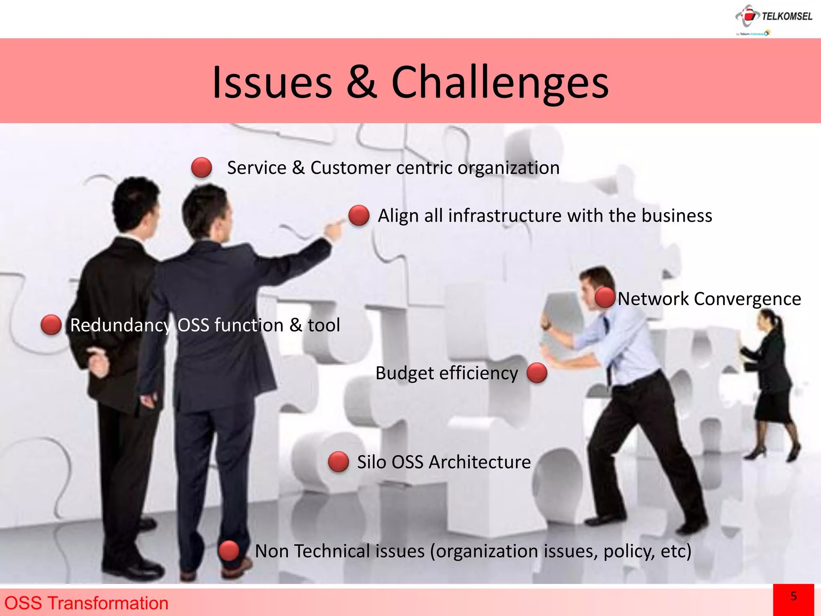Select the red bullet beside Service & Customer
click(x=201, y=167)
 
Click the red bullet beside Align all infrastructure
click(x=359, y=215)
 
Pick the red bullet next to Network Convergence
click(x=605, y=298)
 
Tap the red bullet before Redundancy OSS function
click(x=51, y=324)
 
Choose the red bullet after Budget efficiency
click(x=537, y=373)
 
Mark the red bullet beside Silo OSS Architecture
click(x=338, y=462)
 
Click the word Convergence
click(x=747, y=299)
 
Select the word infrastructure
click(x=505, y=216)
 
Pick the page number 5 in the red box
click(x=793, y=596)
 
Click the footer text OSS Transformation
click(x=86, y=603)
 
